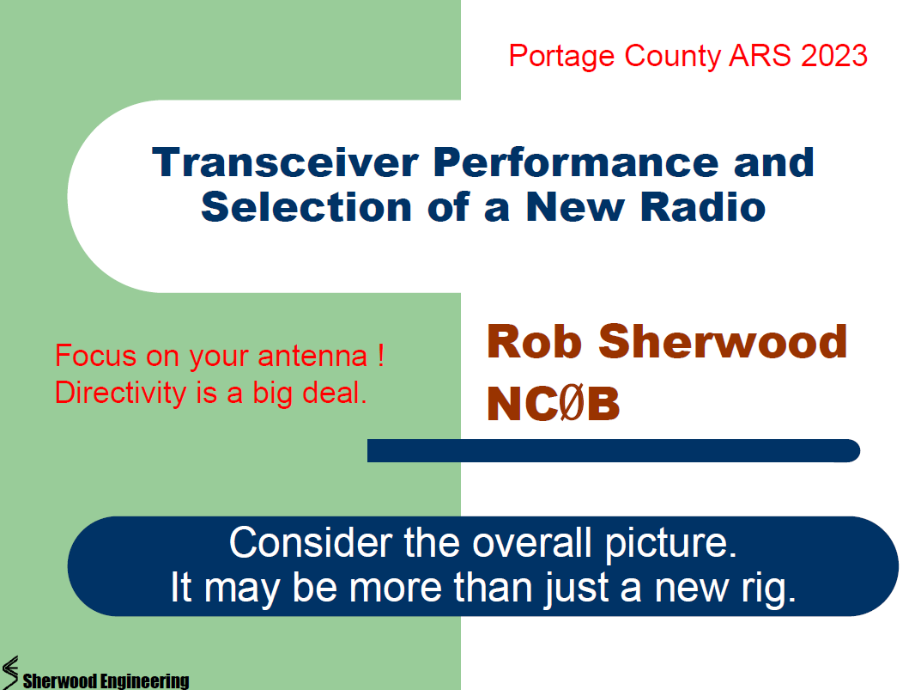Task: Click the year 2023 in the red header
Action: point(834,56)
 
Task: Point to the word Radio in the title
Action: point(702,207)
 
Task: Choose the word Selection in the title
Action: point(306,207)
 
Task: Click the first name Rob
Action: point(535,341)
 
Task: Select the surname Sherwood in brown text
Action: point(723,341)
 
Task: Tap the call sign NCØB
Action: point(554,404)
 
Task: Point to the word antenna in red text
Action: point(312,357)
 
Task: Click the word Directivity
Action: point(120,393)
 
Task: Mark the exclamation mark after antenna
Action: point(381,356)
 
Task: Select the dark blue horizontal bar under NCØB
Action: point(614,450)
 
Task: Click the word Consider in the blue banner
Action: point(311,542)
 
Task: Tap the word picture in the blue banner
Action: point(670,544)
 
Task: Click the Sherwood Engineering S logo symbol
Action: point(10,672)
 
